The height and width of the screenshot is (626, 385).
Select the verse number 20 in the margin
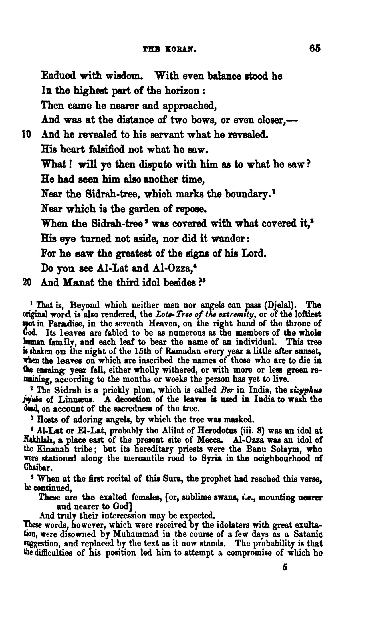[27, 283]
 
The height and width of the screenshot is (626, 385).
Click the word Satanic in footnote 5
[309, 534]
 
